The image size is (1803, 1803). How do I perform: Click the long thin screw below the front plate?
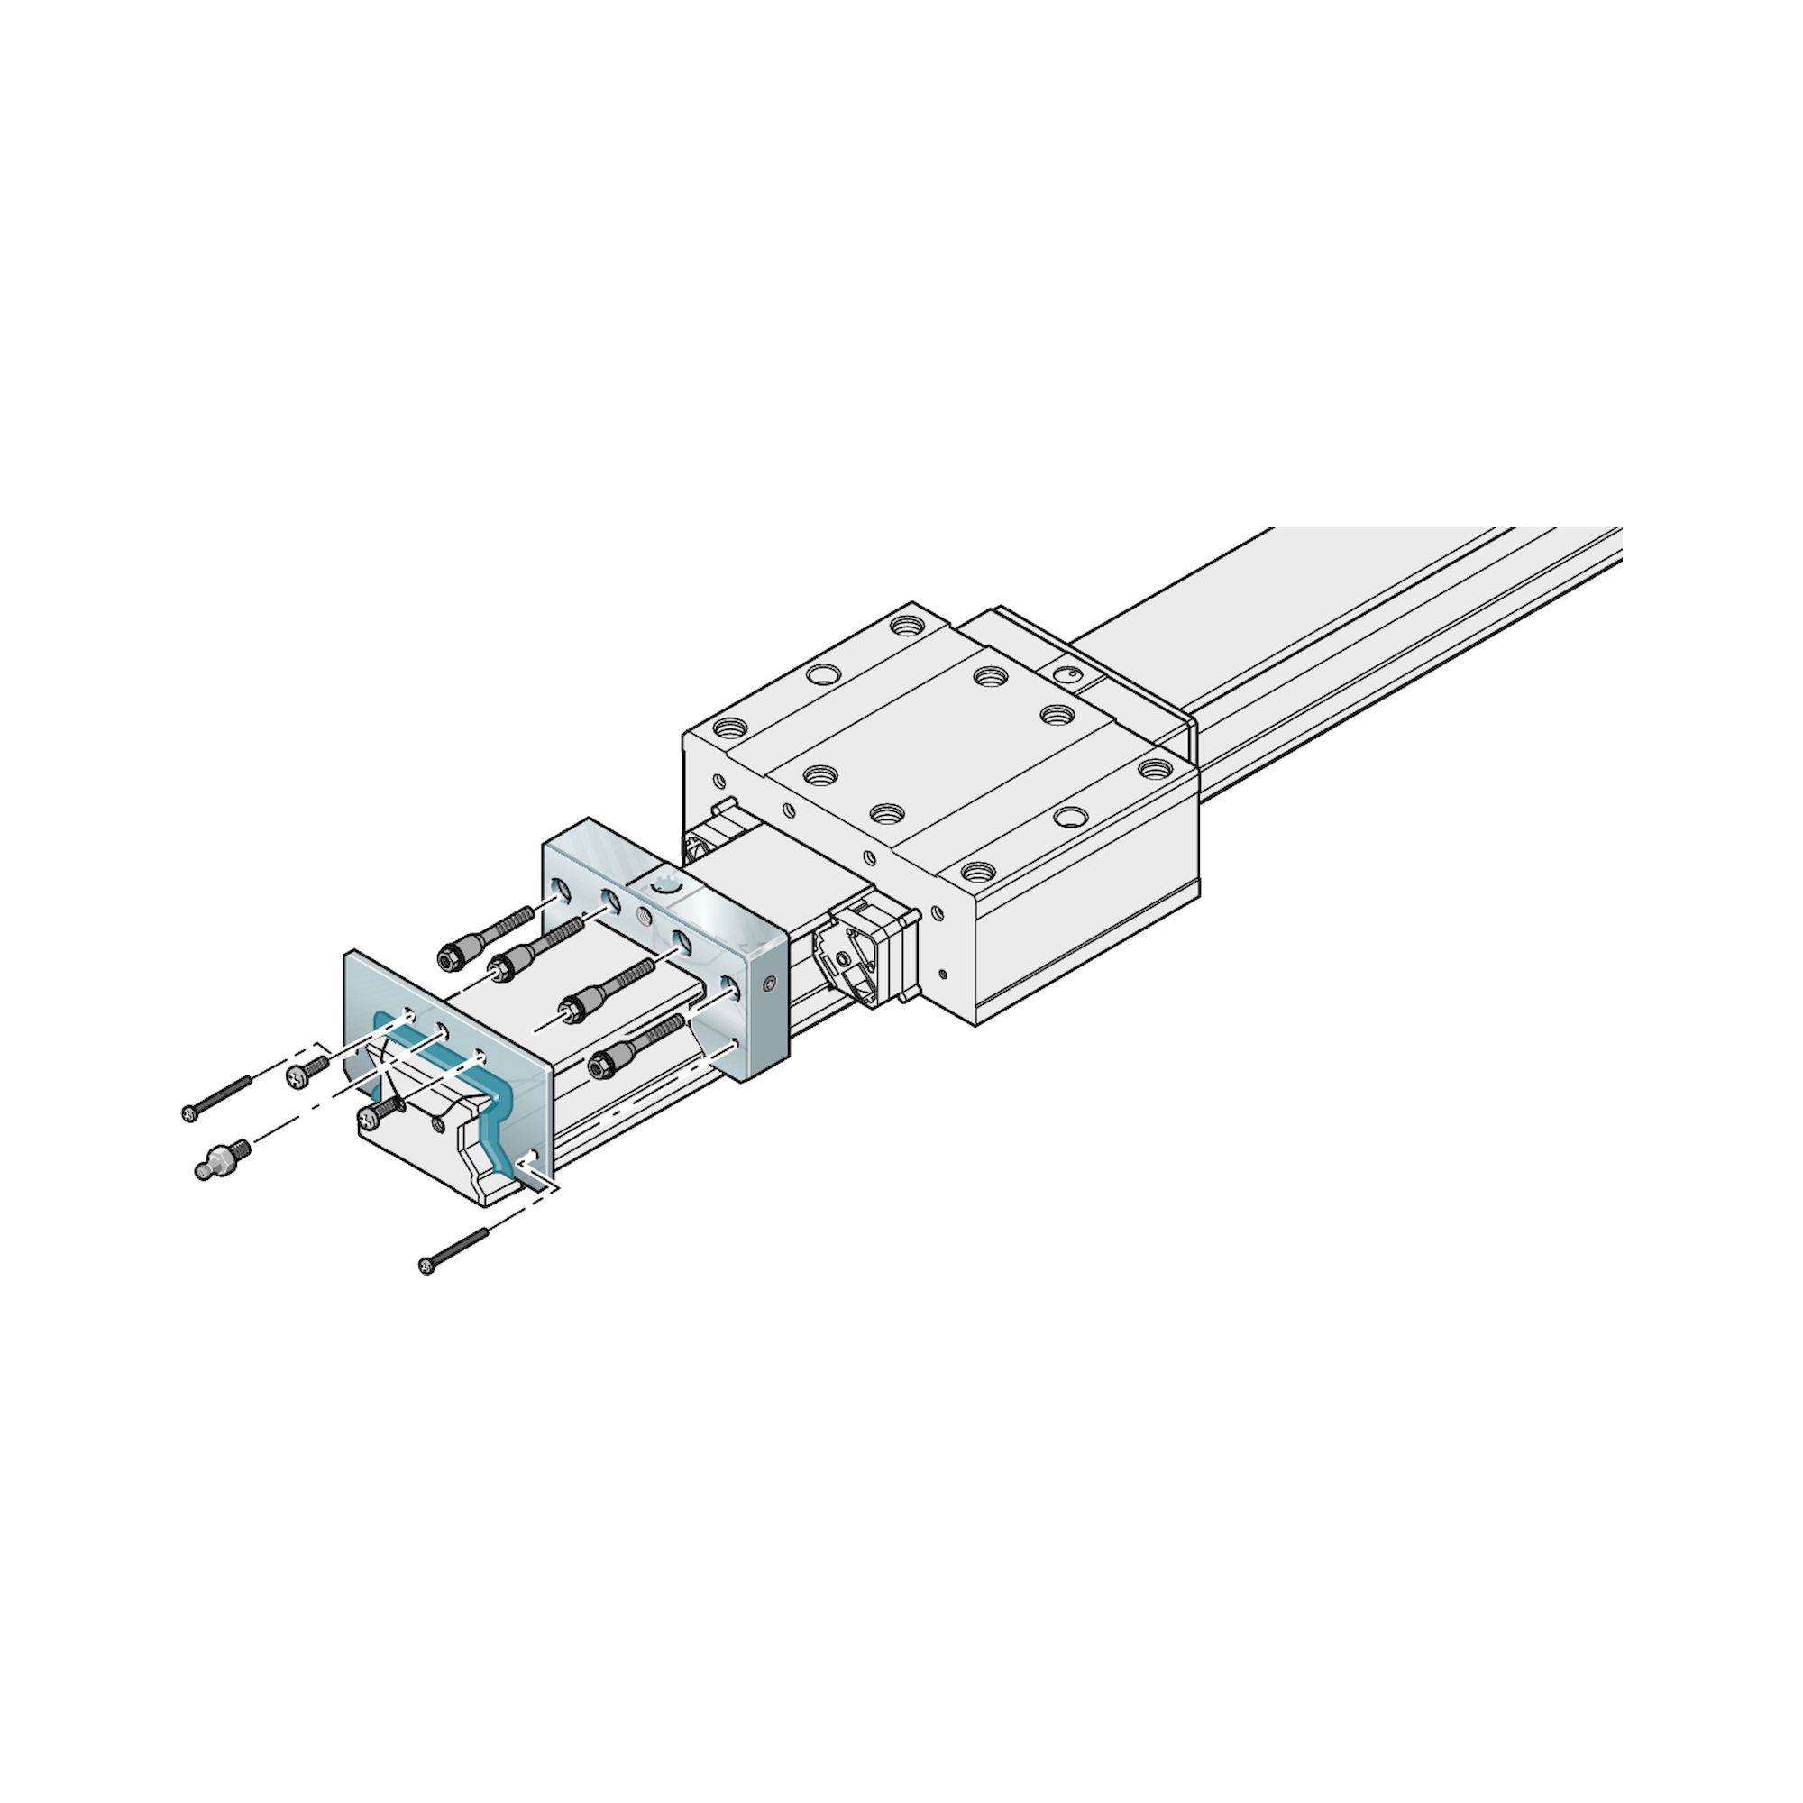coord(455,1251)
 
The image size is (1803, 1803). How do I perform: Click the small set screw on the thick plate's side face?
coord(768,984)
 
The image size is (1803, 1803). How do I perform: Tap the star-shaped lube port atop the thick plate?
coord(668,883)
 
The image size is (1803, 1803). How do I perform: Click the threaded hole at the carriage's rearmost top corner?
coord(902,622)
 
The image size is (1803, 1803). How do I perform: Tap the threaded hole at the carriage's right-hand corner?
coord(1155,744)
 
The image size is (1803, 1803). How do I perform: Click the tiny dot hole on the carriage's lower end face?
coord(944,975)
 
